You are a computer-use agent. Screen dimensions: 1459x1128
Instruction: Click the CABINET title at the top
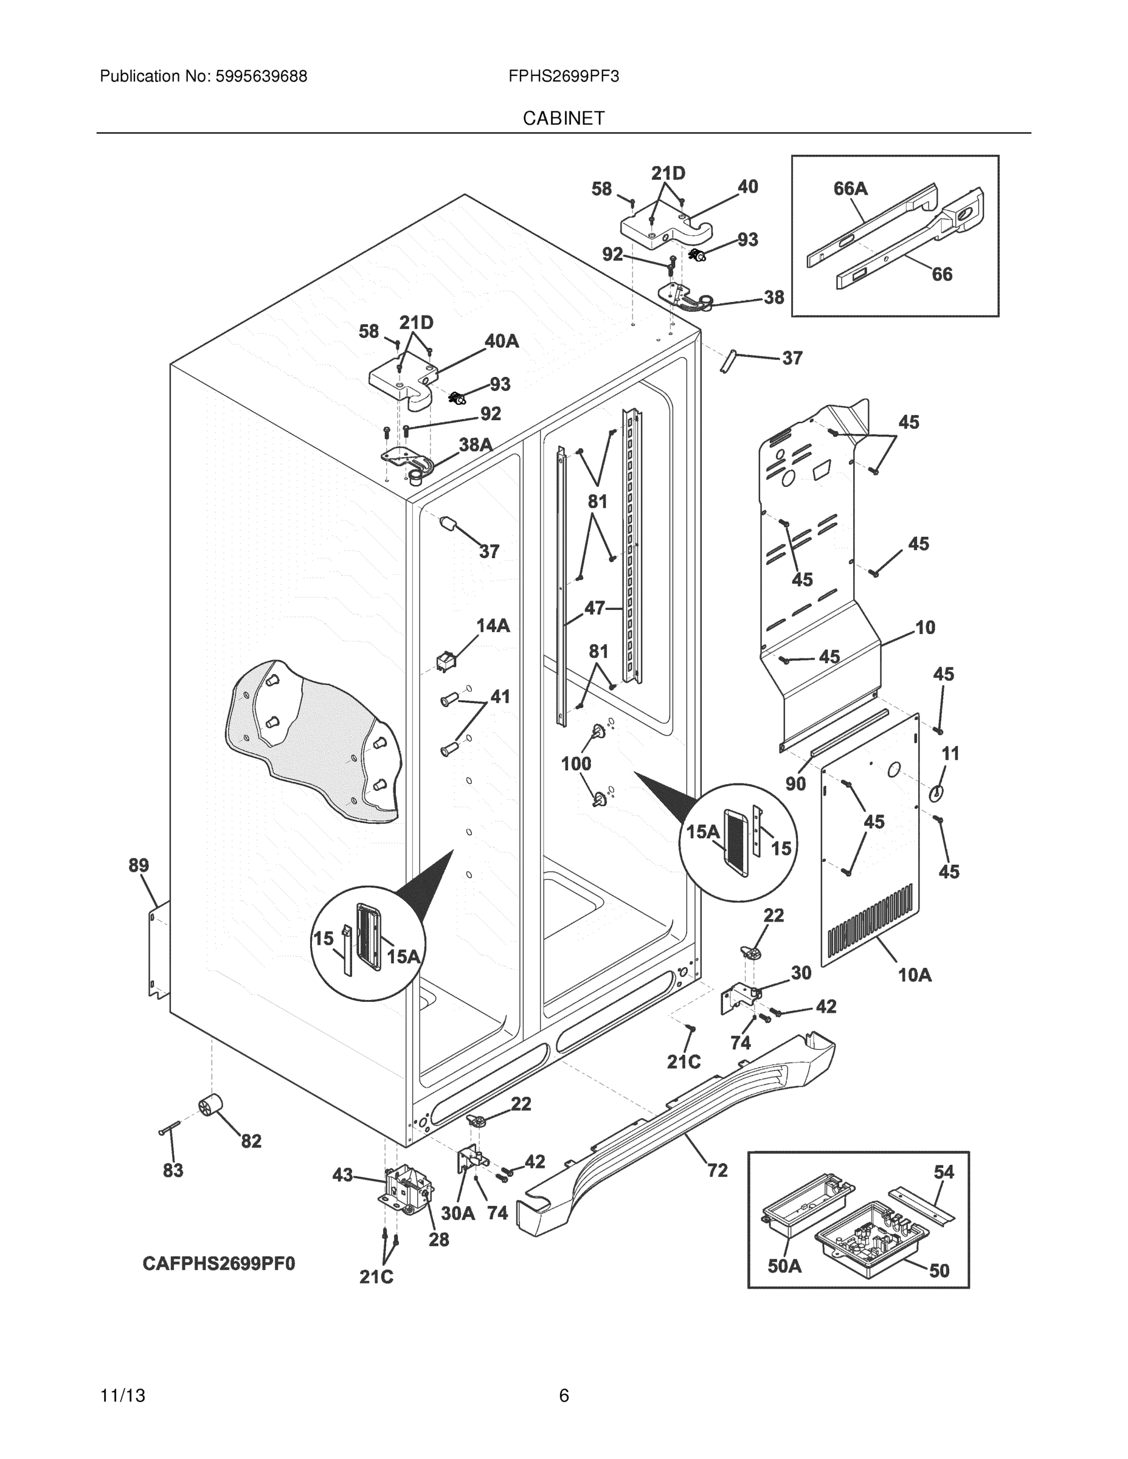point(563,119)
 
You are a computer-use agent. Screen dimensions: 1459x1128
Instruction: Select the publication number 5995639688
point(261,77)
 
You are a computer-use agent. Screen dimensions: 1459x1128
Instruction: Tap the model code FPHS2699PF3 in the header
point(563,77)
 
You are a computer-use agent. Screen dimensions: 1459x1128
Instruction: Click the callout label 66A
point(850,189)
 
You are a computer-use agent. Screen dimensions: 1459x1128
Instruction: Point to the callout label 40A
point(501,342)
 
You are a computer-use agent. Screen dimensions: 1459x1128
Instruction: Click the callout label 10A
point(914,975)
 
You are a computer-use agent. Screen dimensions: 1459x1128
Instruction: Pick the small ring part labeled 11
point(936,793)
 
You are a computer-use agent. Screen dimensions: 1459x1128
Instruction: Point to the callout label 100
point(575,764)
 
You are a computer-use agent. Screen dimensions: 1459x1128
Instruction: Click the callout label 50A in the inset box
point(784,1266)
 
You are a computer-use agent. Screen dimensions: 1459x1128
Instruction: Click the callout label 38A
point(475,445)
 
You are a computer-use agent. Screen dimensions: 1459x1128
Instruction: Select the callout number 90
point(795,784)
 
